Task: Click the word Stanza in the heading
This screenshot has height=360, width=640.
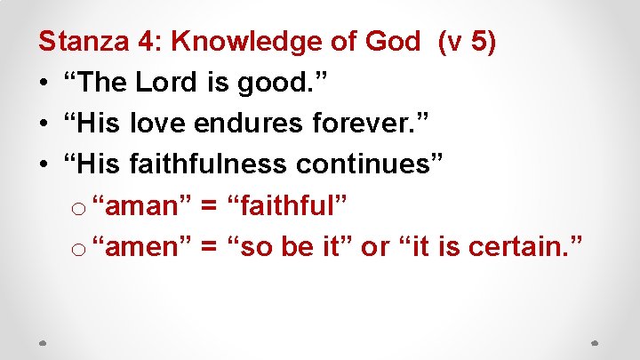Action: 80,41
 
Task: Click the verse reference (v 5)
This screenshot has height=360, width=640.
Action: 468,41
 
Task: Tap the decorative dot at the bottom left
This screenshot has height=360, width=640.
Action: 44,342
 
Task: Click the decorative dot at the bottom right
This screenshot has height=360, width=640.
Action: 596,342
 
